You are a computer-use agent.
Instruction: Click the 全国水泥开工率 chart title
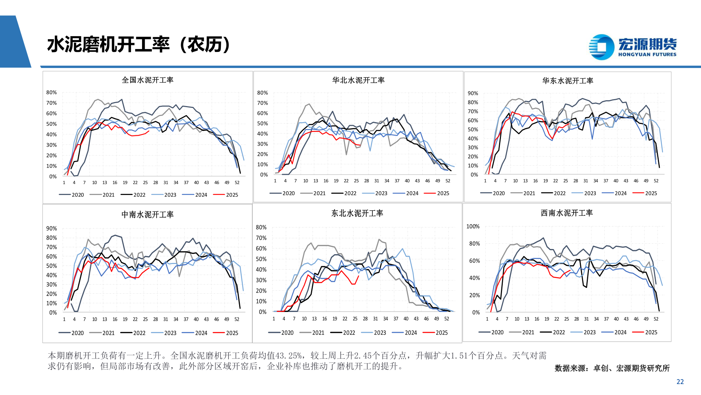[148, 80]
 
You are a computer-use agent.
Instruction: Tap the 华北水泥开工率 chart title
[358, 80]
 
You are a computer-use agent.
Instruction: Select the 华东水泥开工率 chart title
[567, 81]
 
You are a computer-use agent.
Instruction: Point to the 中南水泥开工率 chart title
[148, 215]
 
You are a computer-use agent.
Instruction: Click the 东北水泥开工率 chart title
[357, 213]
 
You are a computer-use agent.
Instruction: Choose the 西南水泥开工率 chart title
[567, 213]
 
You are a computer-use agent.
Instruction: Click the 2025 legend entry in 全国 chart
[226, 195]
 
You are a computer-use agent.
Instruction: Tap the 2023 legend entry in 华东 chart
[584, 193]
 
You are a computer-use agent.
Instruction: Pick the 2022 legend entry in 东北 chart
[343, 333]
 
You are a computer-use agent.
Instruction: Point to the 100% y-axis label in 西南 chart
[473, 227]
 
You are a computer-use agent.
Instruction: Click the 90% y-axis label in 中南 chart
[51, 229]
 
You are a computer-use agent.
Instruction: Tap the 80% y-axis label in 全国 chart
[51, 93]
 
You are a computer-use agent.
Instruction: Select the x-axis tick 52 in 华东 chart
[656, 181]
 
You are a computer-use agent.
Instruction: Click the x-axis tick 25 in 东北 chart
[355, 319]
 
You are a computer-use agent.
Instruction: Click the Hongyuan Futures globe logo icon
[601, 47]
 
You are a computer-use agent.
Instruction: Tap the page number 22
[680, 382]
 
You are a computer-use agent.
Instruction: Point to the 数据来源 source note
[612, 368]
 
